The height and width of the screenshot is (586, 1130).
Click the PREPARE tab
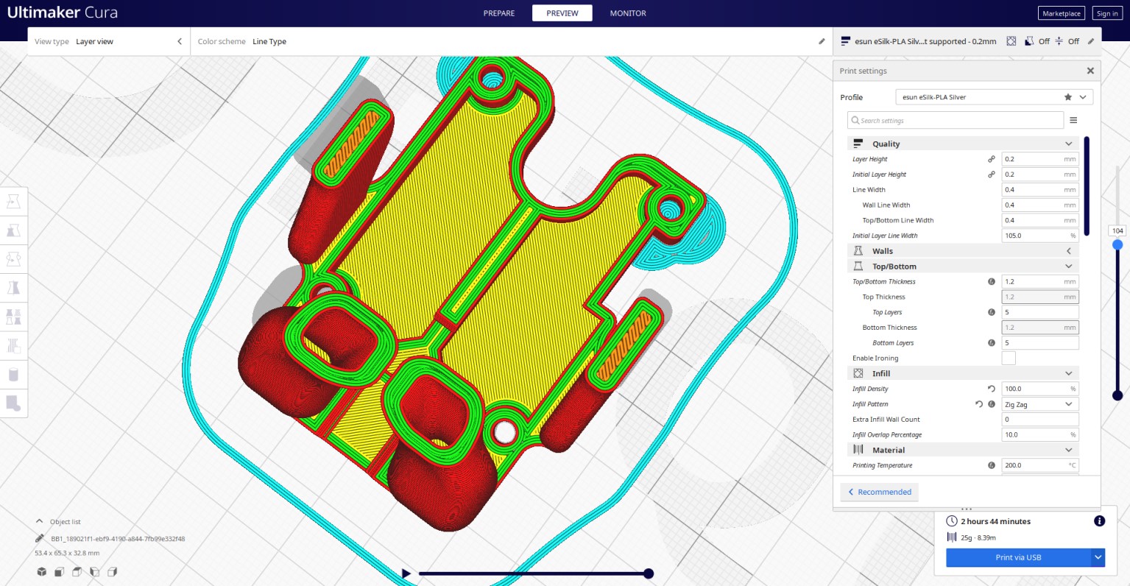(499, 13)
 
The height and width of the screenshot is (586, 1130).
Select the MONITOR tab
(627, 13)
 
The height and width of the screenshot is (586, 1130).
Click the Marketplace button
(1062, 13)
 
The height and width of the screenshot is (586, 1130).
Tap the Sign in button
(1107, 13)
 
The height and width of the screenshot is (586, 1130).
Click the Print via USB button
(1018, 557)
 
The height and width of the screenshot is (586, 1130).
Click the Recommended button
(879, 492)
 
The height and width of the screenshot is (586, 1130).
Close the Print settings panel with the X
(1090, 71)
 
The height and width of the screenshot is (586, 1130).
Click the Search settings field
(956, 120)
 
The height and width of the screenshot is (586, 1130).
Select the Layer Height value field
(1040, 159)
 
